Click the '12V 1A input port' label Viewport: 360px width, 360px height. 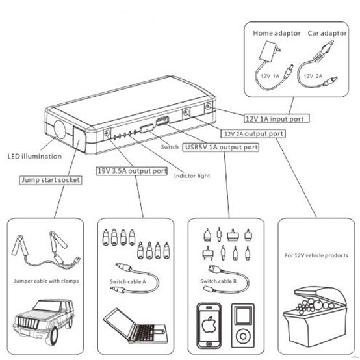276,118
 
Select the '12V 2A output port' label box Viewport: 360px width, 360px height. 253,134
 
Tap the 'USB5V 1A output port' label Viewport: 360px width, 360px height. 221,147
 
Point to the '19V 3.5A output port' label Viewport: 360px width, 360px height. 131,171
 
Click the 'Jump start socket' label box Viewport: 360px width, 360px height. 51,180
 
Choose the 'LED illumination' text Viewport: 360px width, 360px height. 34,157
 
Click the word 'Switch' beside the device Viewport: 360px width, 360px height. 170,147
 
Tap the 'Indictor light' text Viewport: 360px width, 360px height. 192,176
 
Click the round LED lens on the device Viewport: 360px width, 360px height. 60,130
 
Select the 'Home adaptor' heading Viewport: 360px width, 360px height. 277,33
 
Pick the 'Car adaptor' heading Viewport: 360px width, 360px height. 327,33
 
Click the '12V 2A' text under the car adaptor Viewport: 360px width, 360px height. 313,76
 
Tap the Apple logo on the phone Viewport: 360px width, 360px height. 209,324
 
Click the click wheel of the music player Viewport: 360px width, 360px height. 242,337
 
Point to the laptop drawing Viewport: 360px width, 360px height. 135,326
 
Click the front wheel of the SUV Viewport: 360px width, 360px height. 54,336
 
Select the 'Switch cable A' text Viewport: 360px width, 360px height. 127,281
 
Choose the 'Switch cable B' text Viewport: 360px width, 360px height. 218,281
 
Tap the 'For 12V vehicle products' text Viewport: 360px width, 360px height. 316,255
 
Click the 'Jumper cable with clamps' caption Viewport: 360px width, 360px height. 46,281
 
